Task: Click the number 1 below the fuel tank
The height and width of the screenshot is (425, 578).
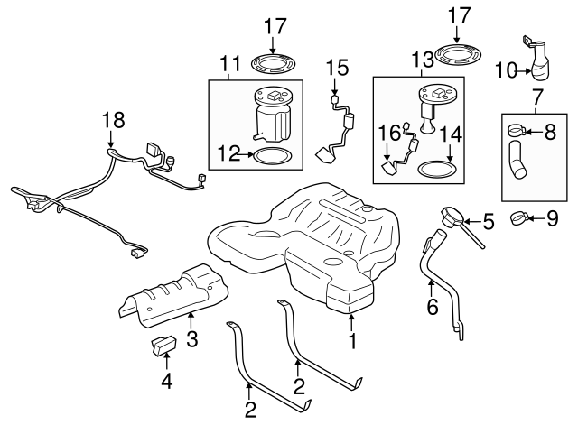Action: tap(352, 342)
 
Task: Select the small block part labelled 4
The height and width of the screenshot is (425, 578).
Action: tap(163, 345)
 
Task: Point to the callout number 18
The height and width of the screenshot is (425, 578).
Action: tap(111, 120)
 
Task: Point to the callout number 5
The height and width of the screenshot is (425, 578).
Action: tap(489, 219)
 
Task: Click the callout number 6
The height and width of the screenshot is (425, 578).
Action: tap(432, 308)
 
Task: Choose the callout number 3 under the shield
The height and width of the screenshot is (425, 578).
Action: tap(191, 339)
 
